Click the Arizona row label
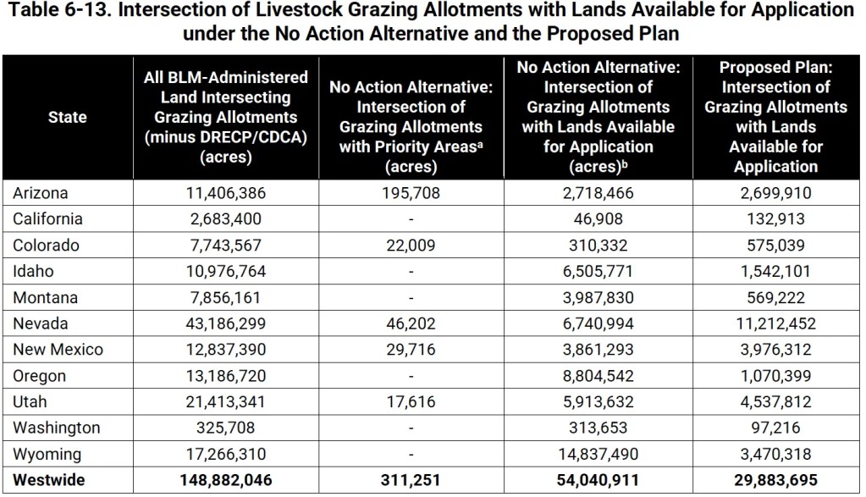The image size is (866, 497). coord(40,193)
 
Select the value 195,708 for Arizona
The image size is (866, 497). coord(411,193)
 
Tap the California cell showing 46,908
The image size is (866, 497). coord(598,219)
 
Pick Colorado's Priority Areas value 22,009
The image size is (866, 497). coord(411,246)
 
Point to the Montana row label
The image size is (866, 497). coord(45,298)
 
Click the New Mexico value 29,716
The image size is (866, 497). coord(411,351)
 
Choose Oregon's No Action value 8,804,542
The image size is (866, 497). coord(598,376)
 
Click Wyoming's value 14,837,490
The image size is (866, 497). coord(598,455)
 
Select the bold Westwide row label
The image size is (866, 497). coord(48,481)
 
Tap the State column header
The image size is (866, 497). coord(68,117)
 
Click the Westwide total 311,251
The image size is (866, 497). coord(411,481)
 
